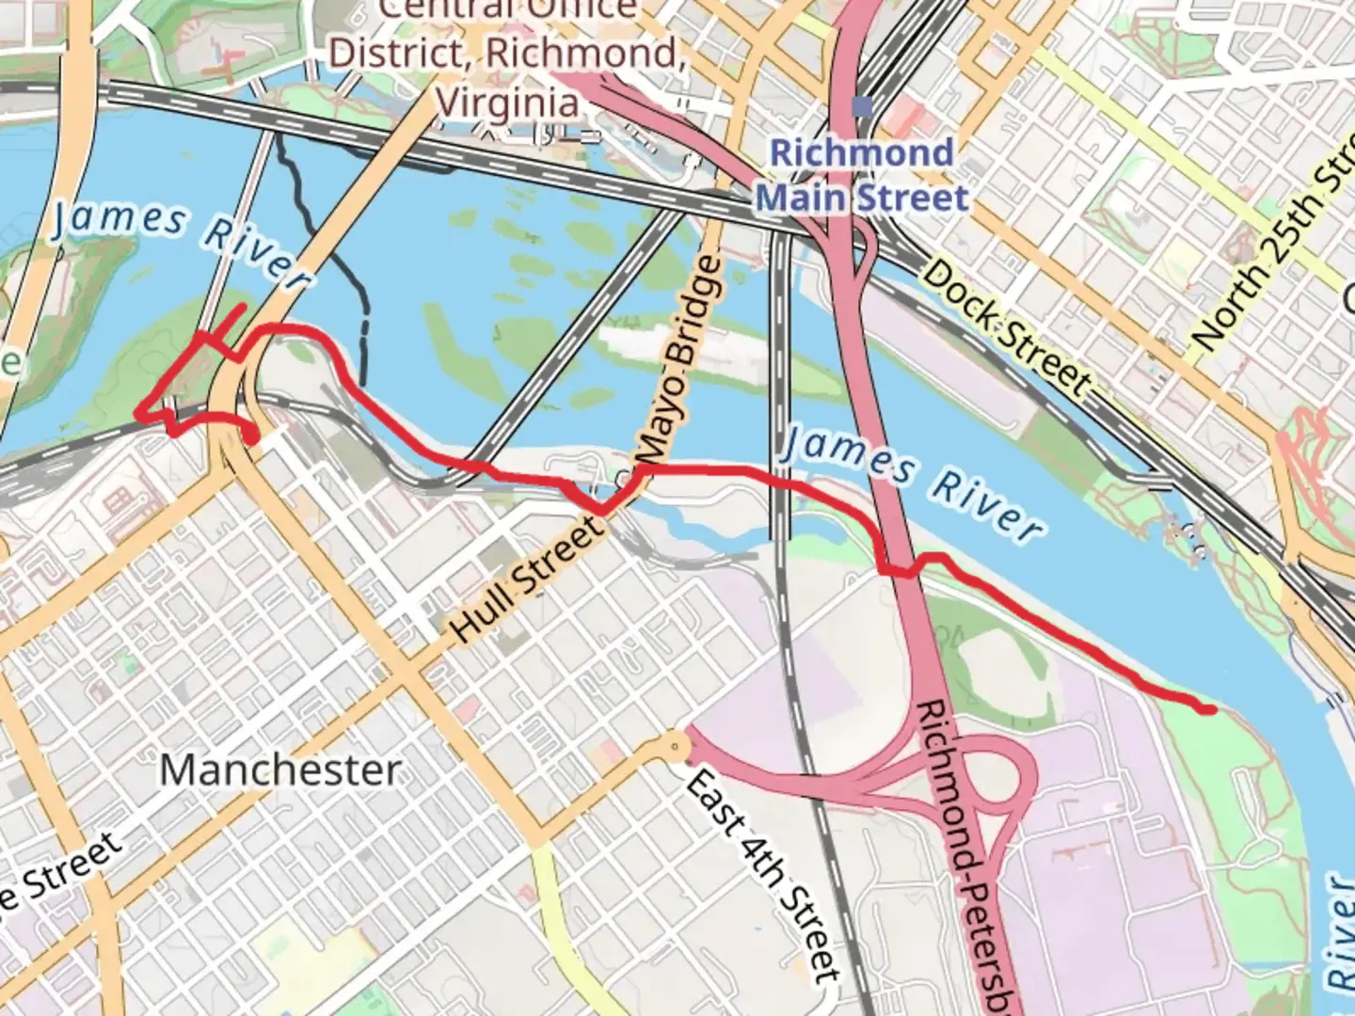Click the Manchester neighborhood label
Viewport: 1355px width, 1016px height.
[x=279, y=770]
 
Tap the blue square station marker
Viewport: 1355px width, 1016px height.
[x=861, y=106]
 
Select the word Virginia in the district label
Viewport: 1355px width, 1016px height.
[x=508, y=102]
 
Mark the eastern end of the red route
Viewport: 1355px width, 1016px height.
[x=1210, y=709]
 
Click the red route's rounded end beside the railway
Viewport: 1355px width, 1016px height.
[x=251, y=436]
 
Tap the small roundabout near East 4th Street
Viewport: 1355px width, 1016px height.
[x=675, y=747]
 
